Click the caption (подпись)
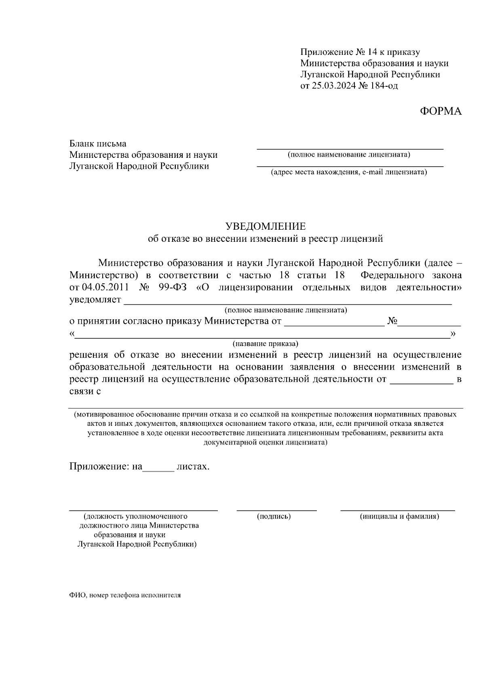pos(274,516)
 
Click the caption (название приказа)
pos(265,344)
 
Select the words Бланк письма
pos(98,143)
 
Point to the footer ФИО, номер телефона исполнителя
pos(125,595)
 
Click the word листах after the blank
pos(193,467)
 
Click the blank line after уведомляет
pos(287,301)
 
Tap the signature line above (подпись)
pos(276,510)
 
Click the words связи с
pos(85,391)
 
